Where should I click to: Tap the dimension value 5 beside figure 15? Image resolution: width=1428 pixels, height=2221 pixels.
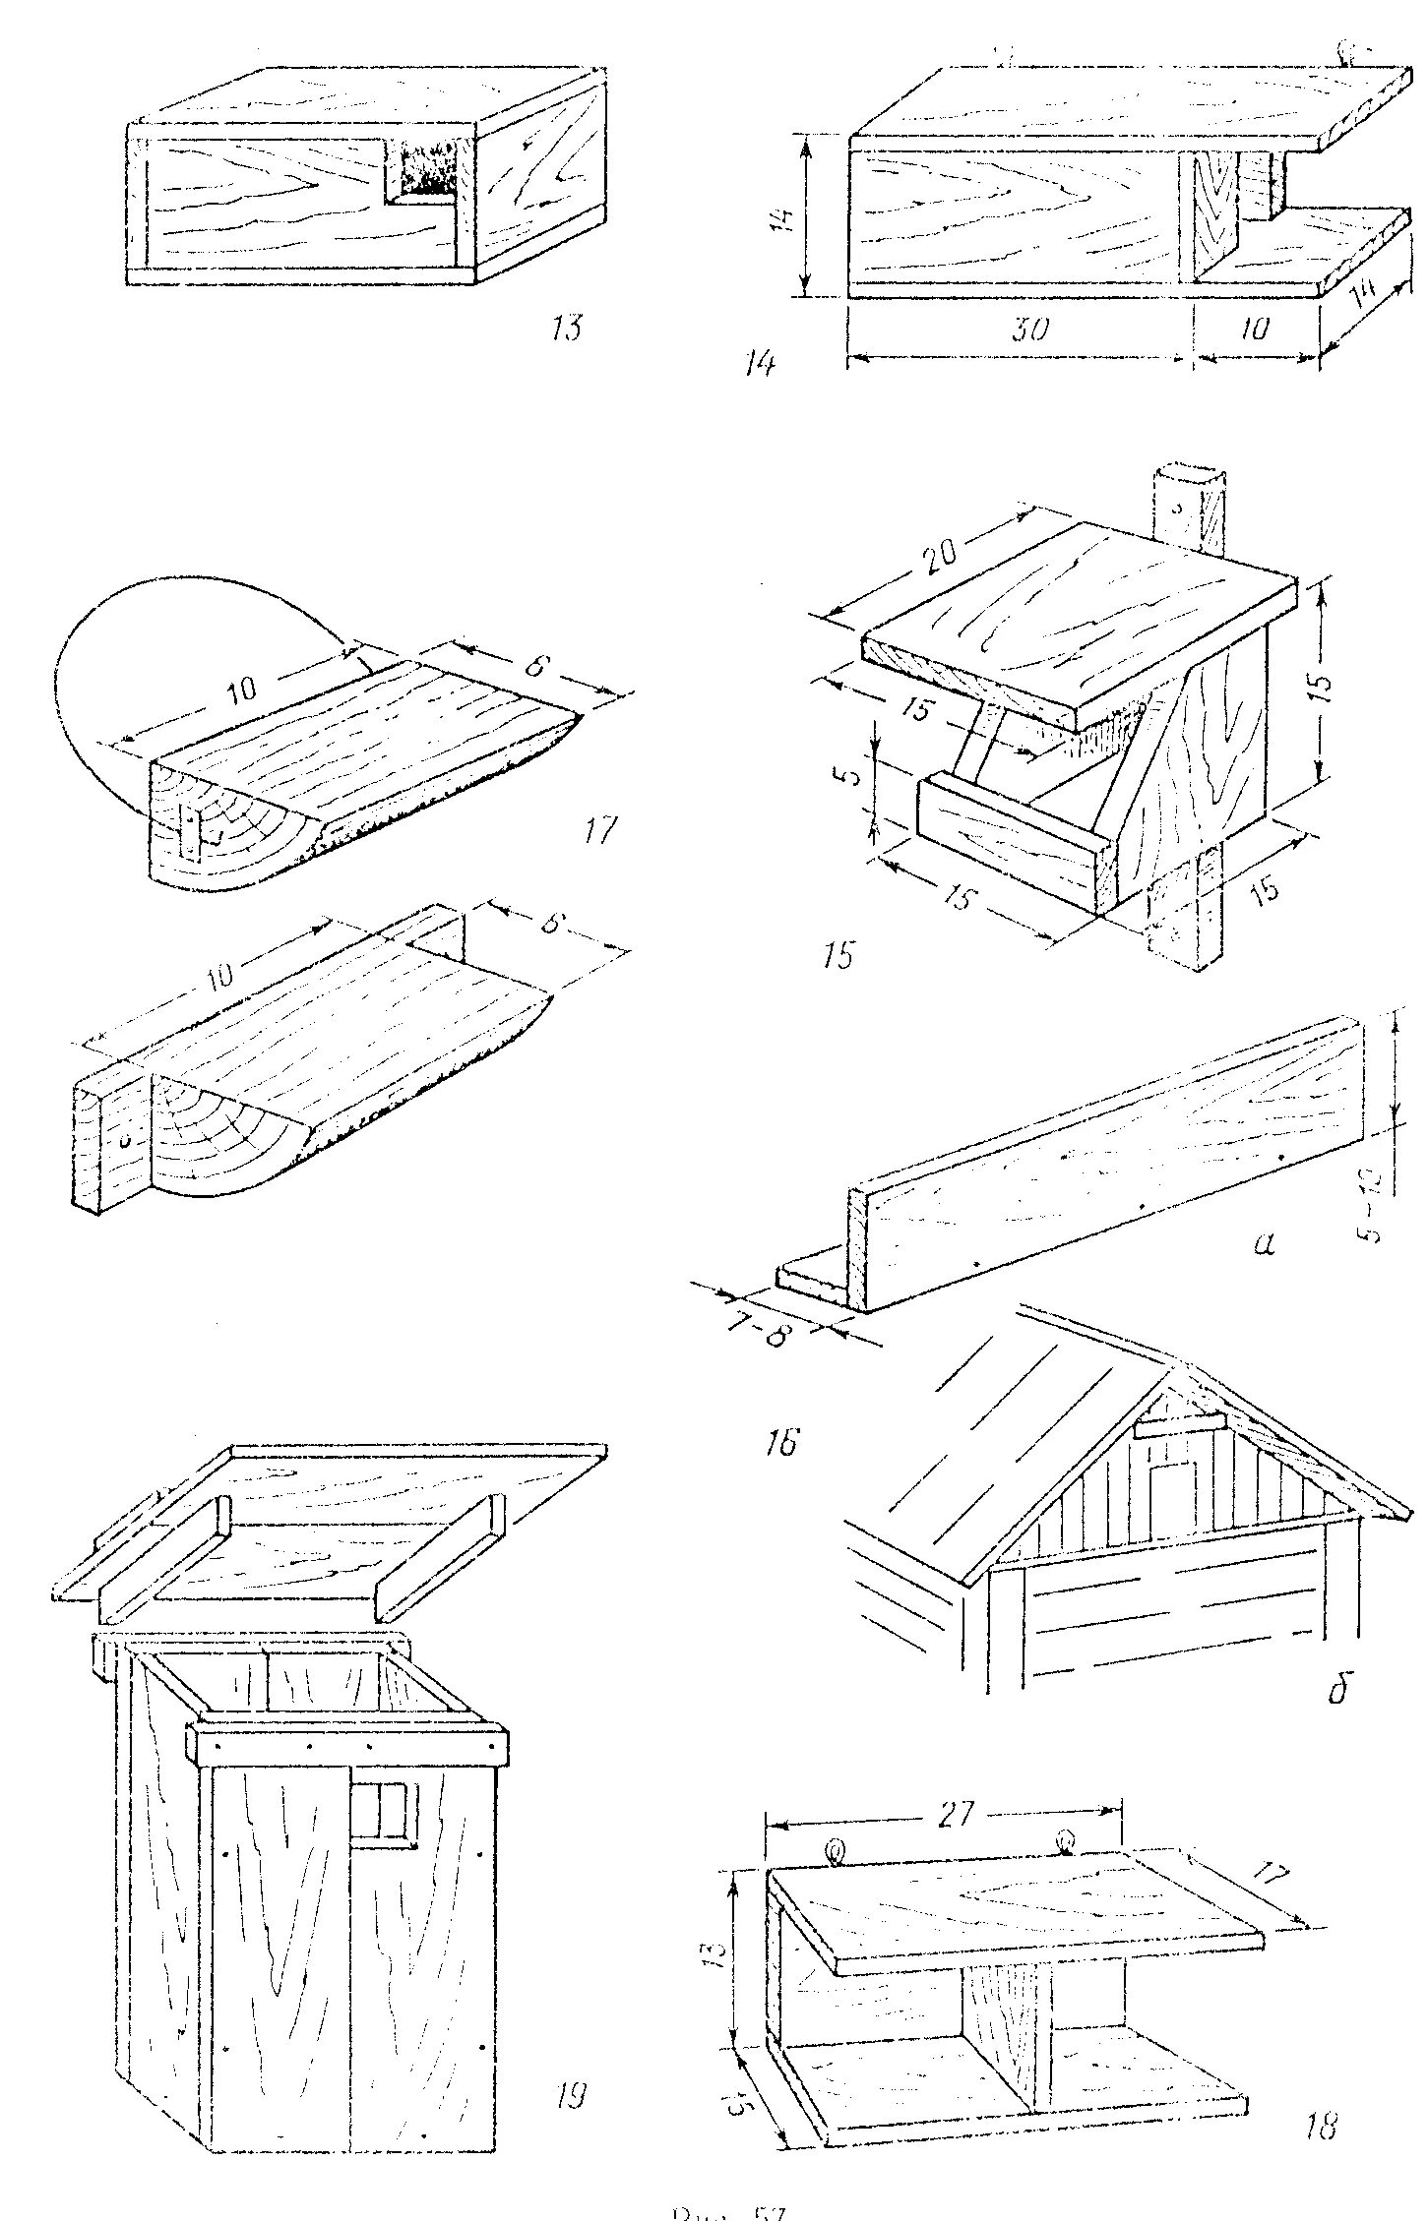click(x=853, y=773)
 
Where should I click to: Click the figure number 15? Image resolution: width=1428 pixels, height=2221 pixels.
click(x=838, y=954)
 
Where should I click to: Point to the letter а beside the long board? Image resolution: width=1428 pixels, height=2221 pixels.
click(x=1265, y=1245)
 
